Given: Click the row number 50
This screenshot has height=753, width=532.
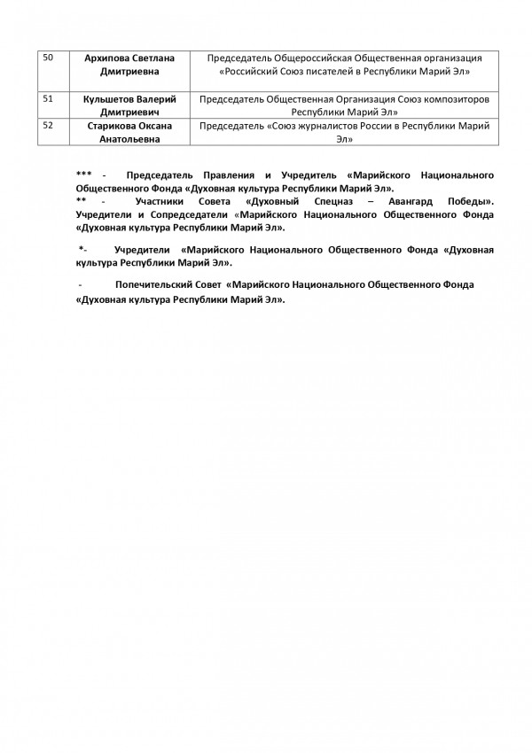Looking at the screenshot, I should [x=48, y=58].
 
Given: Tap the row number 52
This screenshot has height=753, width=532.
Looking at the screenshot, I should [x=48, y=125].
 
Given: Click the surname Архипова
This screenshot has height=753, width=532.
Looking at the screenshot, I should [x=107, y=58].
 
